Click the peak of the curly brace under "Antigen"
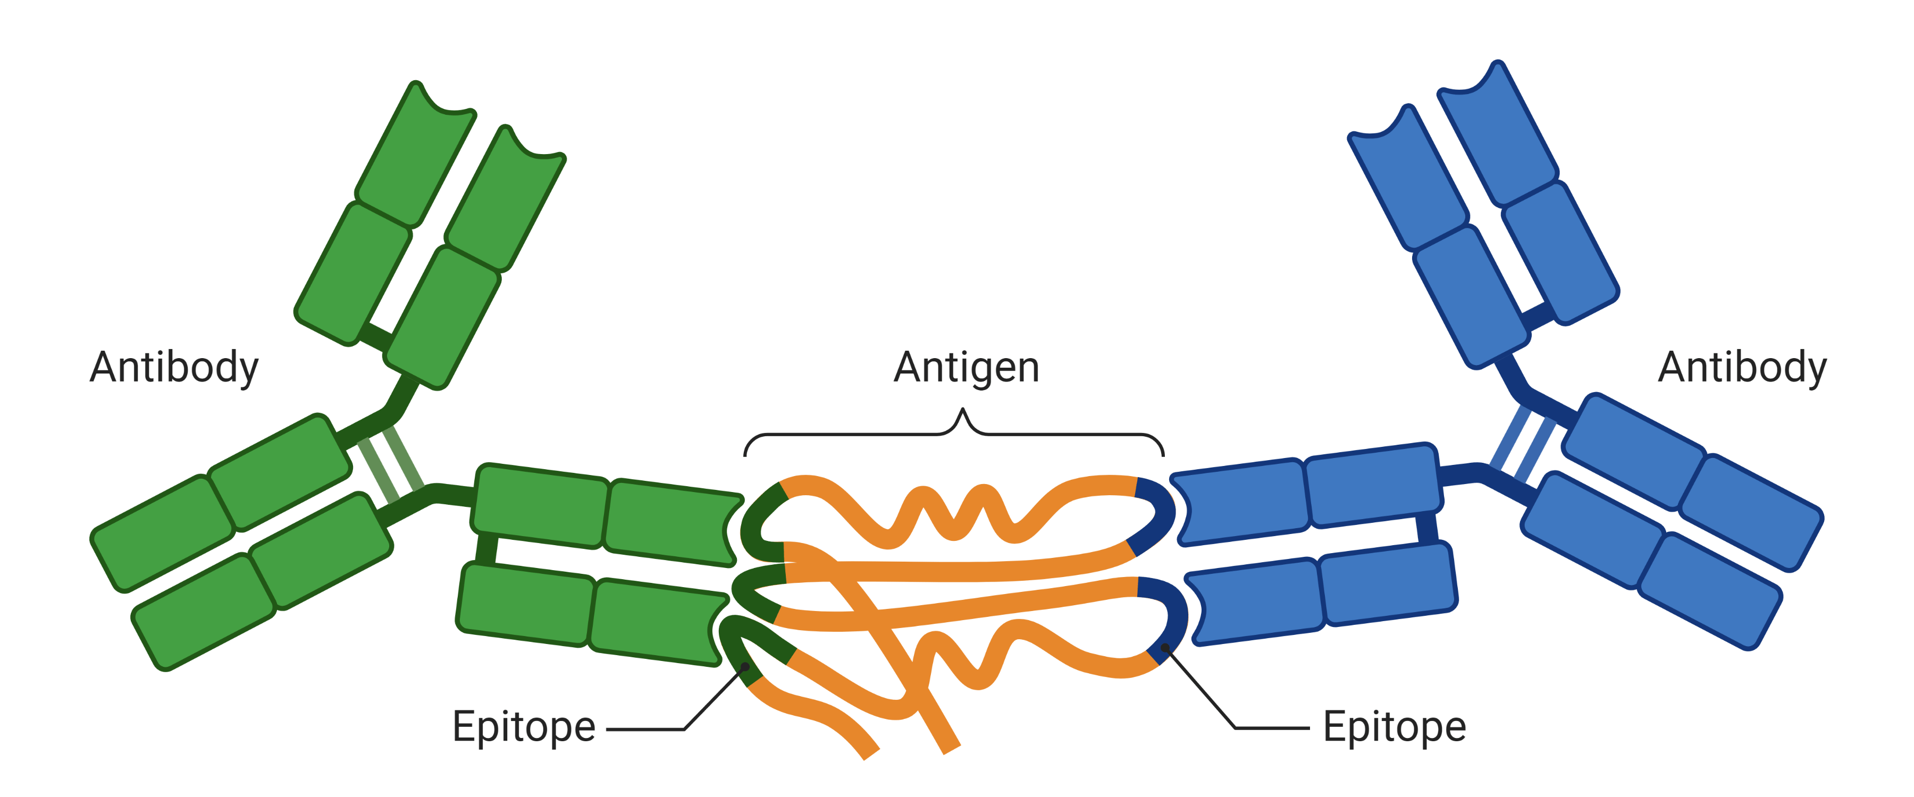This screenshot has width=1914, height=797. click(x=962, y=409)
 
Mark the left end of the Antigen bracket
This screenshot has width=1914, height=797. click(x=745, y=455)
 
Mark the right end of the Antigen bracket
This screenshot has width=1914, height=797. click(x=1163, y=455)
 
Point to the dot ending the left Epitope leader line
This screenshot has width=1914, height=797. click(x=745, y=667)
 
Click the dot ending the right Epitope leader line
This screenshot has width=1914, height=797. click(x=1165, y=648)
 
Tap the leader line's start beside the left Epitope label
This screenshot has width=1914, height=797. click(x=608, y=730)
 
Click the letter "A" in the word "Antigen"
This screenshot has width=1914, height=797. click(x=910, y=367)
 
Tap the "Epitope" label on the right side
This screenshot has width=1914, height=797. click(x=1395, y=728)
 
